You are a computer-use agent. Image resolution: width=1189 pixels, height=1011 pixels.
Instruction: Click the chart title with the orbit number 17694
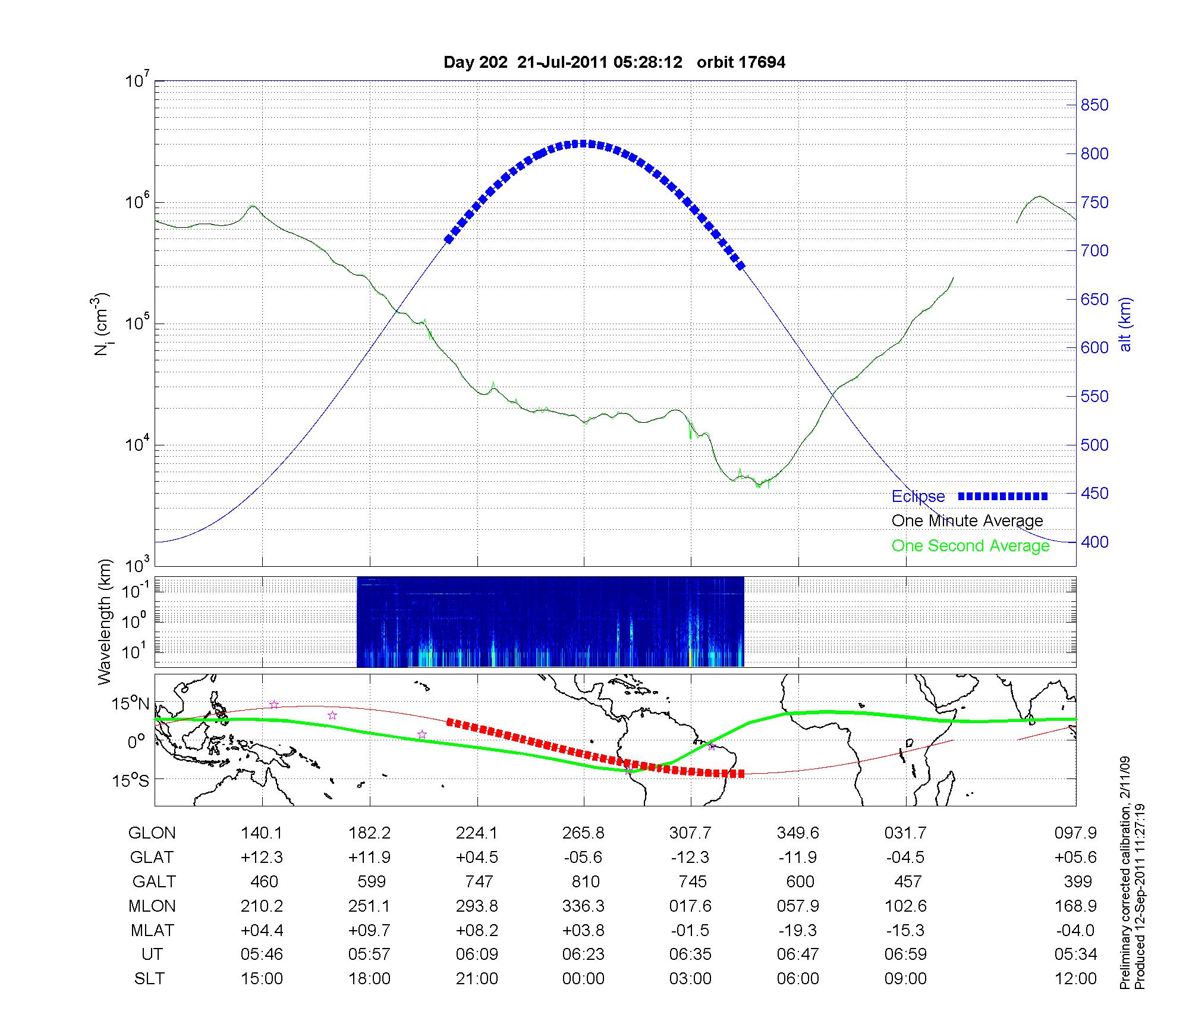[614, 62]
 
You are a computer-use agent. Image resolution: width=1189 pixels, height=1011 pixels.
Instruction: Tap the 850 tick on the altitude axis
[1094, 105]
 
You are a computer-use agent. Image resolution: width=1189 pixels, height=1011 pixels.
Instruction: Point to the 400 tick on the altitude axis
[1094, 542]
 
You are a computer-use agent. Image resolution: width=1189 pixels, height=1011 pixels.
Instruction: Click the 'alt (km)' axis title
[1125, 324]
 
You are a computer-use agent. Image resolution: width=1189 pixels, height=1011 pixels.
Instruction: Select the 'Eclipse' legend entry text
[918, 497]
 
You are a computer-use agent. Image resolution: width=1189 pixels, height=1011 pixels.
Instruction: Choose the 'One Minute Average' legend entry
[967, 521]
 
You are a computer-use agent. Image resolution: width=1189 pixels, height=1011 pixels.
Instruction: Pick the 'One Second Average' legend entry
[970, 546]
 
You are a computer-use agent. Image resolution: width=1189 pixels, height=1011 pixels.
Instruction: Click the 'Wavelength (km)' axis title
[105, 622]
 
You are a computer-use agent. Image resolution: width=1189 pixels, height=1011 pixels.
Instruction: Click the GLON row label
[152, 833]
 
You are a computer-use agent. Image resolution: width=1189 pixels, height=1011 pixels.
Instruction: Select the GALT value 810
[585, 881]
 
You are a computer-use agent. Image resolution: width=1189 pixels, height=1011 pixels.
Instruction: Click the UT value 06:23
[583, 955]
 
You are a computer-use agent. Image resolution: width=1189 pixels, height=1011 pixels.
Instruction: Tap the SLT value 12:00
[1075, 979]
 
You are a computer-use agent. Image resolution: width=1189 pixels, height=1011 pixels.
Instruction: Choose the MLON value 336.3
[583, 906]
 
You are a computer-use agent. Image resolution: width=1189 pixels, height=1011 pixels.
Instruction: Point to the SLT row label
[149, 979]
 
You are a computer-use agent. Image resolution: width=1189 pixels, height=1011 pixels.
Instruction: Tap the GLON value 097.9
[1075, 833]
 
